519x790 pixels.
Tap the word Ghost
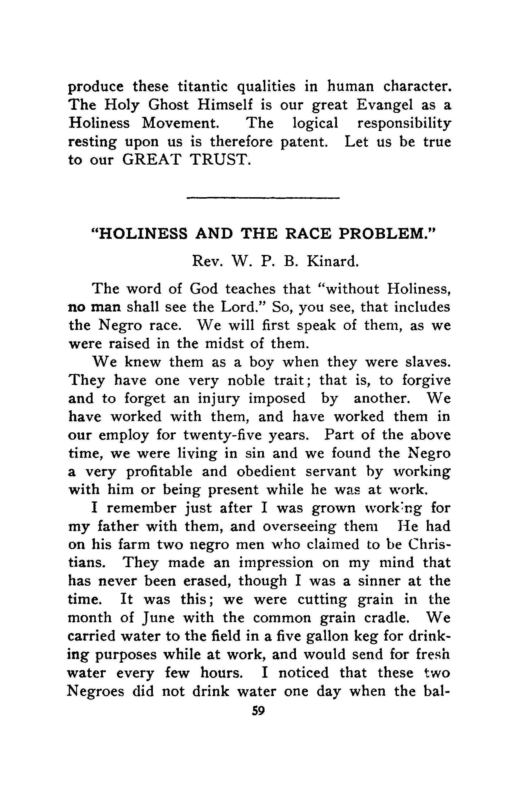coord(168,105)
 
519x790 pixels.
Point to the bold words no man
coord(94,307)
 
